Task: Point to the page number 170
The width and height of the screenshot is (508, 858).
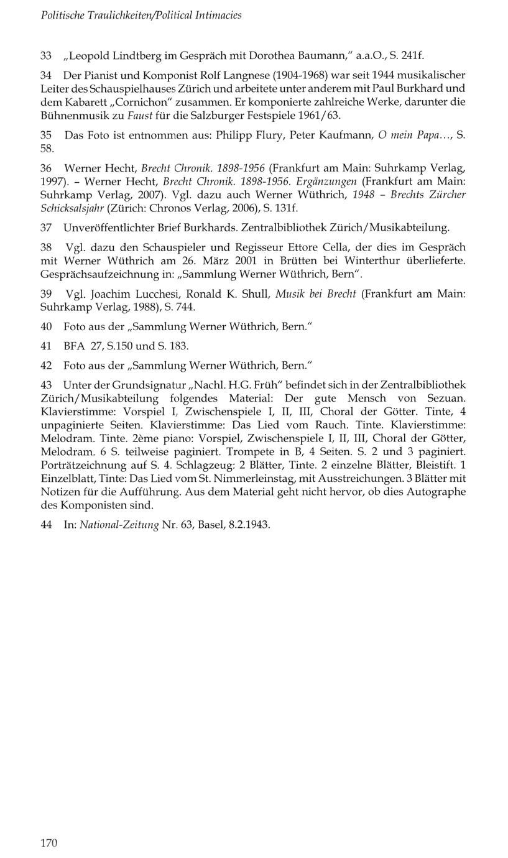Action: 48,842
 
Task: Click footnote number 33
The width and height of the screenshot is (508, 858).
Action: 46,56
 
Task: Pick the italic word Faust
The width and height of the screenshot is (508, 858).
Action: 140,116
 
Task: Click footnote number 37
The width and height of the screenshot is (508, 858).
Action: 46,228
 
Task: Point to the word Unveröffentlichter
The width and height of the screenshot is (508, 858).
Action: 105,228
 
